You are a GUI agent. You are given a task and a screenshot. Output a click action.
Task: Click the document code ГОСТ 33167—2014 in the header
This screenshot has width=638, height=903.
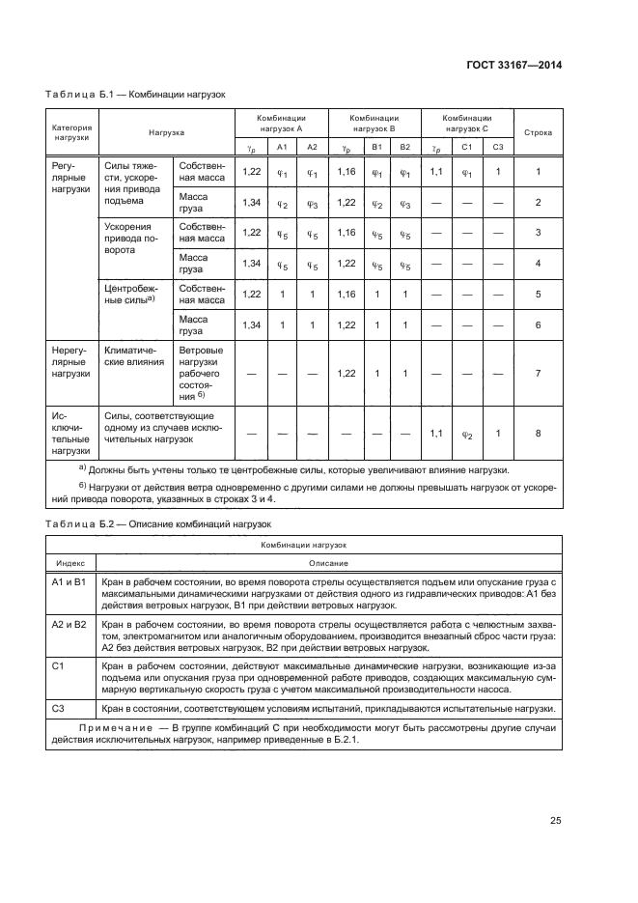click(512, 65)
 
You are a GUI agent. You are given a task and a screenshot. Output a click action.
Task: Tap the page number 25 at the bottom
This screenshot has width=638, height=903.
click(555, 821)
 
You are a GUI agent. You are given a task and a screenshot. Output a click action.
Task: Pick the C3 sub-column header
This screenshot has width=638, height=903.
click(497, 147)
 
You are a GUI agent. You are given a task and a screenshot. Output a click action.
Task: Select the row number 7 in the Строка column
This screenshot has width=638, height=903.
click(538, 373)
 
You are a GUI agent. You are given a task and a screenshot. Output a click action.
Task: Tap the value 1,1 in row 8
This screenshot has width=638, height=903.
click(436, 434)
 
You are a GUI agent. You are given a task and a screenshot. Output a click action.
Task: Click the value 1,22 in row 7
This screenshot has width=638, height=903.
click(345, 373)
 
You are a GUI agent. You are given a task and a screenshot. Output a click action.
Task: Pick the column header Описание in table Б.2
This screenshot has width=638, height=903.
click(328, 563)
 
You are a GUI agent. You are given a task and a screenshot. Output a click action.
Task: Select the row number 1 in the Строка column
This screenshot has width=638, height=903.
click(538, 172)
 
